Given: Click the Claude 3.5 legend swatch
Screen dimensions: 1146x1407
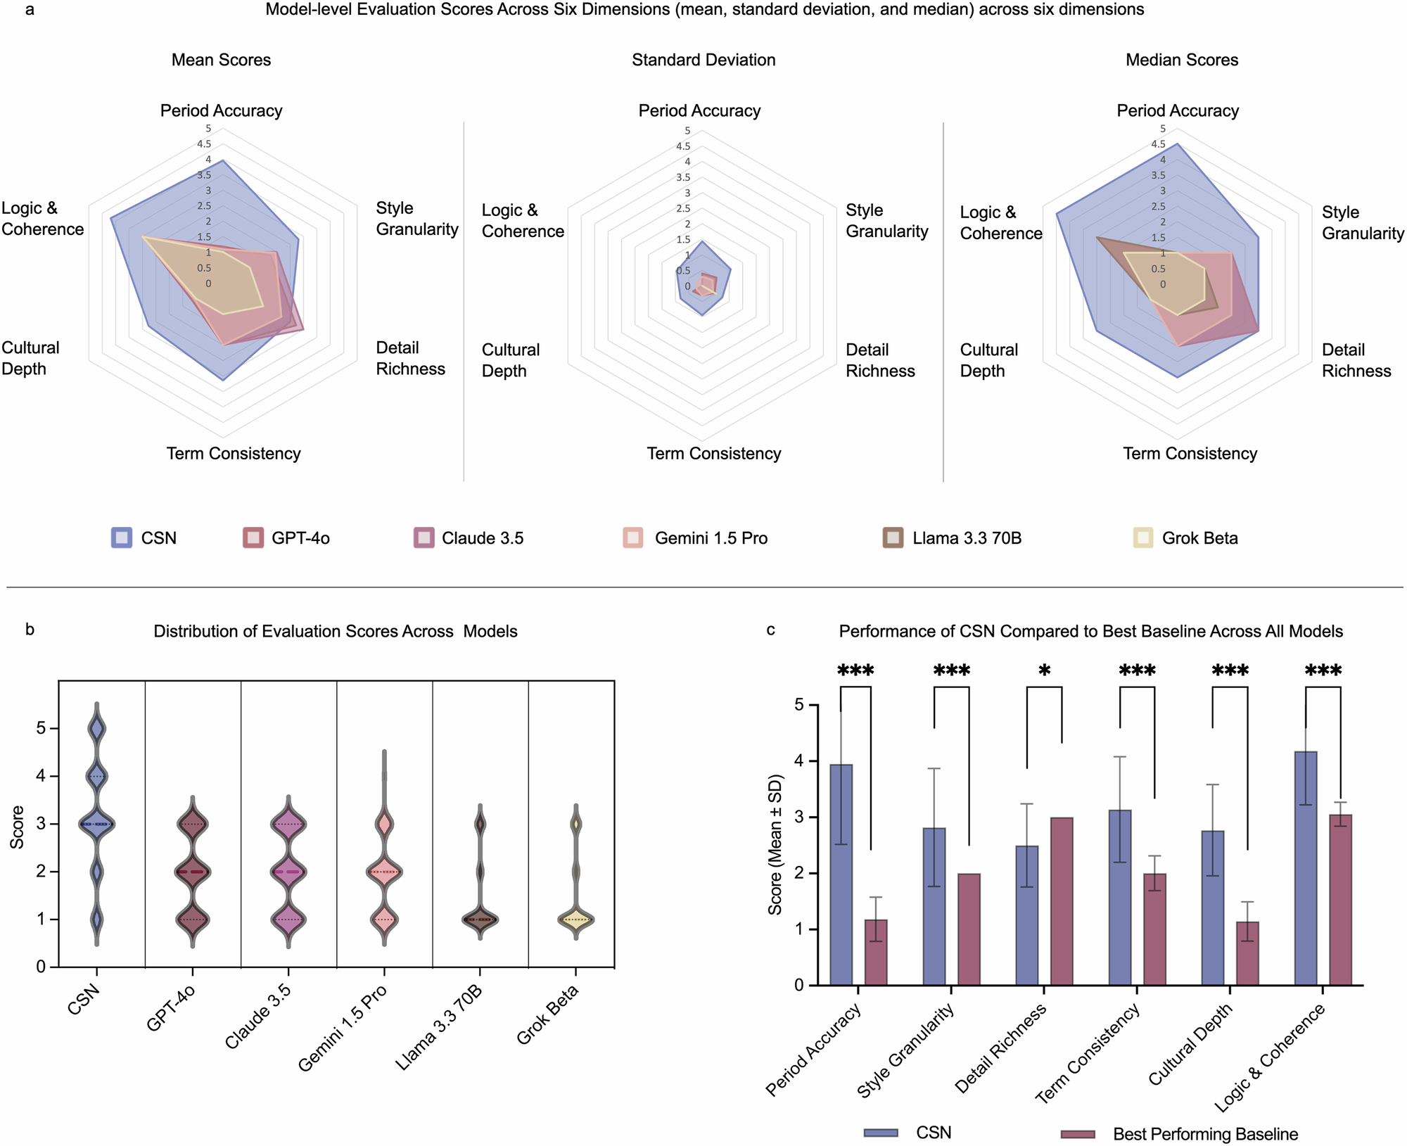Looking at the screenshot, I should tap(424, 538).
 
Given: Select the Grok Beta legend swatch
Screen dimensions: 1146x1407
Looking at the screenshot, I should tap(1143, 538).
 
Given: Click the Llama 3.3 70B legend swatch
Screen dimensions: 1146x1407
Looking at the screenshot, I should tap(893, 538).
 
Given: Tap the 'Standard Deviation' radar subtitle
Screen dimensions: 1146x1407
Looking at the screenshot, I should tap(703, 60).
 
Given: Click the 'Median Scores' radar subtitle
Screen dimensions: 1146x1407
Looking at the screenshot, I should tap(1182, 60).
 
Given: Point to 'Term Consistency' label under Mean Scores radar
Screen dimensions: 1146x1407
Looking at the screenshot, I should tap(234, 454).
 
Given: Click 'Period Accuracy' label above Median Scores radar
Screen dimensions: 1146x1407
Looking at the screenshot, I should tap(1178, 110).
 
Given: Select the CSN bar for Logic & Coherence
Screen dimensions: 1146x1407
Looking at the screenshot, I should tap(1306, 868).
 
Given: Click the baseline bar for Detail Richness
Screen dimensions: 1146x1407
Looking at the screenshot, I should tap(1062, 901).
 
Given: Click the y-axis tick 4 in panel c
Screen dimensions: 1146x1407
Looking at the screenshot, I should tap(798, 761).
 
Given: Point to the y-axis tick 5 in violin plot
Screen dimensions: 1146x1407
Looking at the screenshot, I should tap(41, 728).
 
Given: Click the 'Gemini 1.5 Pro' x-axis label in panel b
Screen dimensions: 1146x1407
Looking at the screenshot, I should tap(343, 1029).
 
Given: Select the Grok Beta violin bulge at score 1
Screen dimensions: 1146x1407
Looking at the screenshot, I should tap(576, 919).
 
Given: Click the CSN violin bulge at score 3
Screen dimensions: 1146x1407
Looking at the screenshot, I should tap(97, 824).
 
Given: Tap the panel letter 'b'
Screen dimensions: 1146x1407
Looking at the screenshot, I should tap(30, 630).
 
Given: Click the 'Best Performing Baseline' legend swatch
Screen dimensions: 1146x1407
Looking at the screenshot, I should tap(1078, 1134).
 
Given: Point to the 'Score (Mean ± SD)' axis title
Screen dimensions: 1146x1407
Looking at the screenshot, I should tap(775, 844).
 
